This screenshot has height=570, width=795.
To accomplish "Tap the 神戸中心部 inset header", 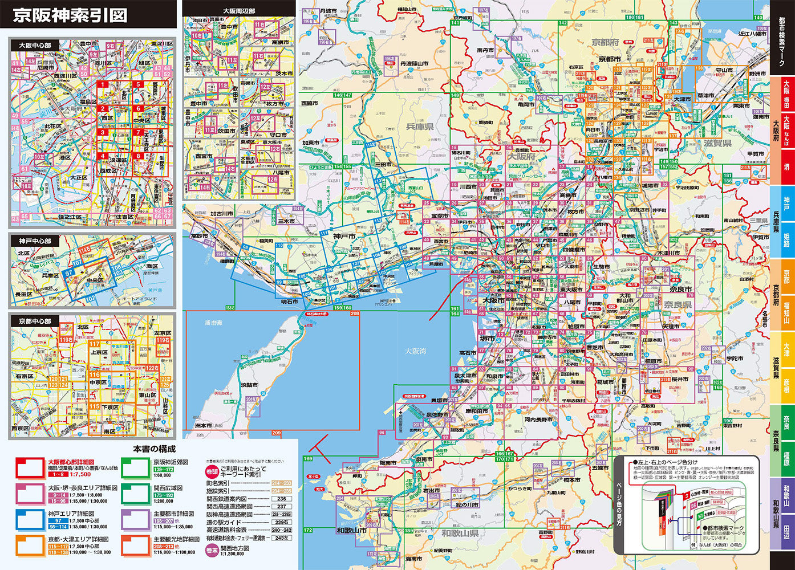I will click(35, 241).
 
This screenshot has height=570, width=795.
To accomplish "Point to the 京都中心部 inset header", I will click(35, 321).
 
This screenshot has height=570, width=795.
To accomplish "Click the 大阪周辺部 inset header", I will click(239, 10).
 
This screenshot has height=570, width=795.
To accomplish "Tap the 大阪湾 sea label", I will click(415, 351).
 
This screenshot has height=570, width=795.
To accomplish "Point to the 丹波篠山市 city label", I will click(414, 63).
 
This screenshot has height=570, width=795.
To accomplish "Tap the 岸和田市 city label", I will click(476, 411).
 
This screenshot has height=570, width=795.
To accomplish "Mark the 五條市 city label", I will click(600, 467).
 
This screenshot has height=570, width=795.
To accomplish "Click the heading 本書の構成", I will click(154, 450).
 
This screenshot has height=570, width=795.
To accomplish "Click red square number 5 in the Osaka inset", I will click(137, 85).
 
